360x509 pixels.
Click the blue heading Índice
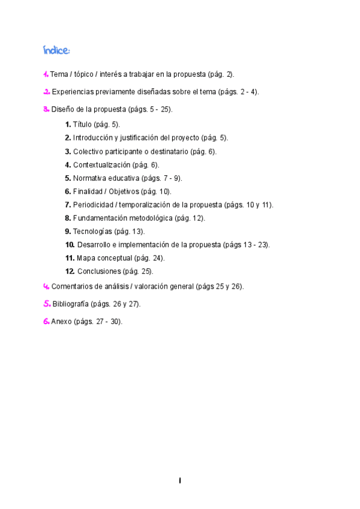(x=56, y=49)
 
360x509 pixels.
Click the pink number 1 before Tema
(x=46, y=74)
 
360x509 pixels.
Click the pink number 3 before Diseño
(x=46, y=109)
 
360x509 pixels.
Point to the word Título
(x=82, y=124)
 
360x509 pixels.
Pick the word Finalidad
(x=88, y=191)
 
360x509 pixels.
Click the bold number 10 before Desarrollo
(x=70, y=245)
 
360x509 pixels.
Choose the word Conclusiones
(x=100, y=271)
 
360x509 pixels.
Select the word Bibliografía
(x=70, y=304)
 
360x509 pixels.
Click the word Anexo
(x=61, y=321)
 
